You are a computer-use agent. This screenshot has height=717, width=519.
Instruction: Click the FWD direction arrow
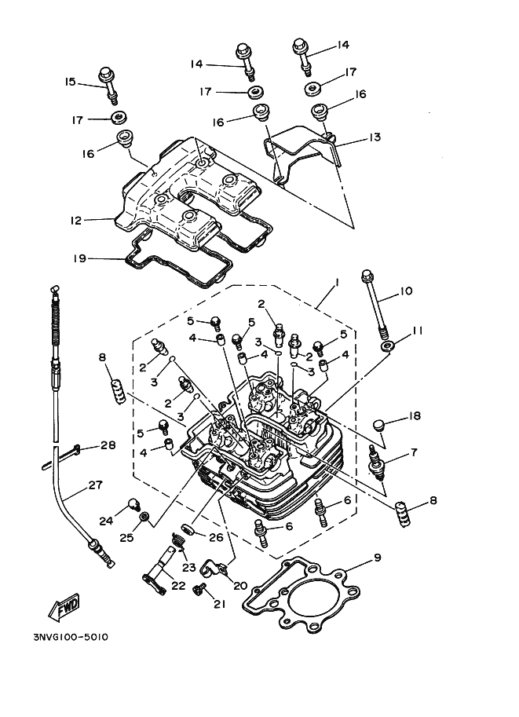point(64,607)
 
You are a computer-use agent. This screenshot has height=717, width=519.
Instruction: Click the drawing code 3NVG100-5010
point(71,637)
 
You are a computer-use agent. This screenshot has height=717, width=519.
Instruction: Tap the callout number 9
point(377,558)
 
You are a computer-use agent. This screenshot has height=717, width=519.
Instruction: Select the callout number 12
point(76,221)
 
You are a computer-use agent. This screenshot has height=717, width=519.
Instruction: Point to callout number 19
point(79,259)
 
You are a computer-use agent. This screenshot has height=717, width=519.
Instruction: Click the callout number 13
point(375,137)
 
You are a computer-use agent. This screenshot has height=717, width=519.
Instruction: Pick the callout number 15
point(70,82)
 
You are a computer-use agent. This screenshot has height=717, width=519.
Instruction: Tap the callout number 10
point(406,291)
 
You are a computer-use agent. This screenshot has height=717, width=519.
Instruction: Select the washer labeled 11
point(387,346)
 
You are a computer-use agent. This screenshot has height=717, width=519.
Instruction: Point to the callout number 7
point(414,452)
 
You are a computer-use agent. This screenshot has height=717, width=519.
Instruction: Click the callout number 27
point(95,485)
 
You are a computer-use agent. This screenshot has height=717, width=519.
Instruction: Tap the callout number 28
point(108,445)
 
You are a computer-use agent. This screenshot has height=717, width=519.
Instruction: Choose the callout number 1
point(337,284)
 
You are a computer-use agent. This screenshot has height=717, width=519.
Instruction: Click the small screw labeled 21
point(199,590)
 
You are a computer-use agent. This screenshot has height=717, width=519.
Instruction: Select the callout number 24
point(106,521)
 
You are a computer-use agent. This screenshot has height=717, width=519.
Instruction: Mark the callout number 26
point(216,537)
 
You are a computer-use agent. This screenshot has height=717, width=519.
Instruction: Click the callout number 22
point(179,586)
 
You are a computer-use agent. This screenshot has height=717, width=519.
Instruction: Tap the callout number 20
point(240,586)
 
